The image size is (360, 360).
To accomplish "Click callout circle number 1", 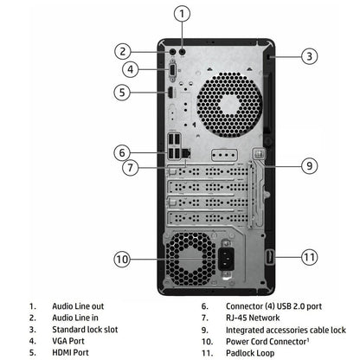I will tap(181, 13).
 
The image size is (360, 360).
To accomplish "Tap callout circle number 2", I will tap(124, 50).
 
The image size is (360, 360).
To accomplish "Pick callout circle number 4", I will tap(129, 69).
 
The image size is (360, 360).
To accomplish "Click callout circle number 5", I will tap(124, 92).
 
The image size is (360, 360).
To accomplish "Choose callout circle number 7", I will tap(129, 167).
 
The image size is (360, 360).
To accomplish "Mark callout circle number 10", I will tap(123, 258).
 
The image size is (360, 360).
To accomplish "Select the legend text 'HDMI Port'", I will tap(71, 352).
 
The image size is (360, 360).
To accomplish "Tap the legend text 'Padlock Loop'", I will tap(253, 352).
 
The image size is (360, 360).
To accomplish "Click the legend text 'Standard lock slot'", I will tap(88, 330).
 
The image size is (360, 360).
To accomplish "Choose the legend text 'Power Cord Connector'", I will tap(268, 341).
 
